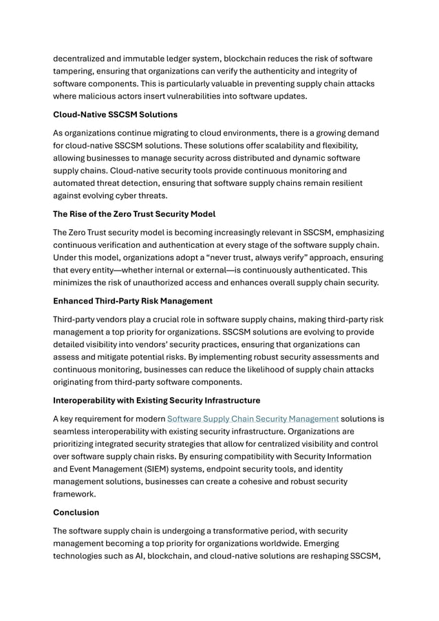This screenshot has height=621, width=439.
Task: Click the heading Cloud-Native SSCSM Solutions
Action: point(115,114)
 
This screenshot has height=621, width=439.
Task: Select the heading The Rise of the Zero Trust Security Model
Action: point(134,214)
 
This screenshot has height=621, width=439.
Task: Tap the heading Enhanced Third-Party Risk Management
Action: point(133,301)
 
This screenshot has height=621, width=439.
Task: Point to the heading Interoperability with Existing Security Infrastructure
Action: point(156,400)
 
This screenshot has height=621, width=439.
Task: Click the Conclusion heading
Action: point(76,512)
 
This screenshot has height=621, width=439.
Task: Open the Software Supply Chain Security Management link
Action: point(253,418)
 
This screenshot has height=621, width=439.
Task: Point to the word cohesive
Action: point(287,481)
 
